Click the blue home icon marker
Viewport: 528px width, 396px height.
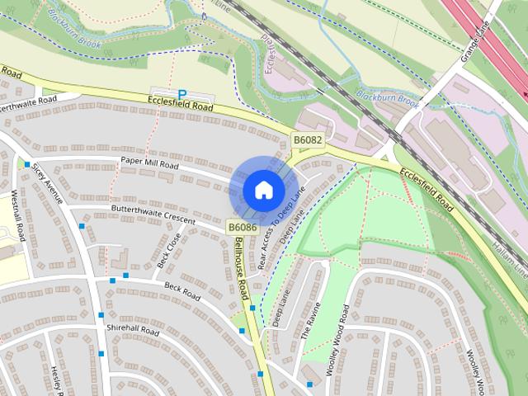(263, 190)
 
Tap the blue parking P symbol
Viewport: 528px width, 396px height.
(182, 95)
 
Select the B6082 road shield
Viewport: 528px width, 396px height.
(308, 141)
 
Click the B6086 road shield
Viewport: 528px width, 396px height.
(243, 227)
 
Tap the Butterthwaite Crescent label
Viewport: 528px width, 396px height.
(153, 215)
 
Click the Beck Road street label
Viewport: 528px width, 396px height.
(183, 290)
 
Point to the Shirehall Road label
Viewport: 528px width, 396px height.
(132, 329)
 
